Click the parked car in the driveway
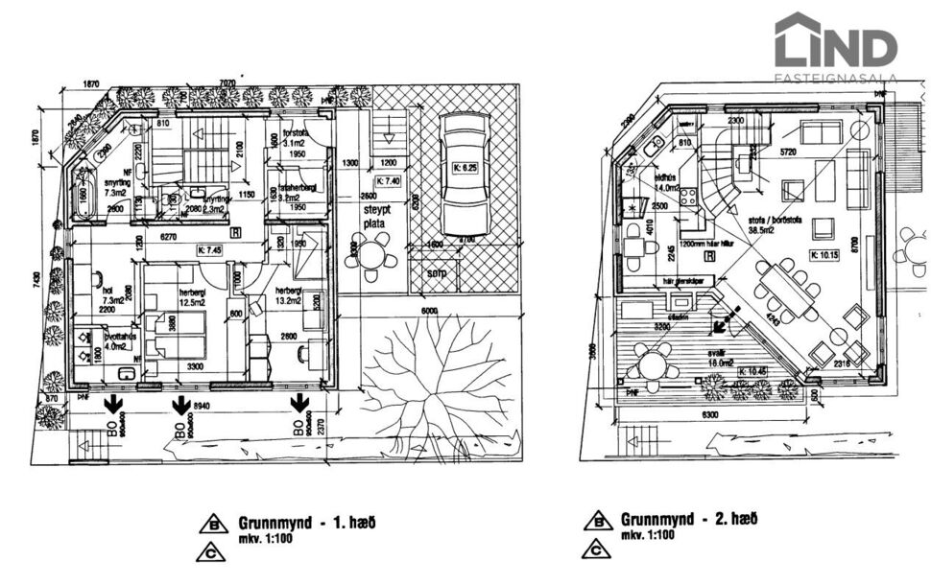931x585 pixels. pos(465,178)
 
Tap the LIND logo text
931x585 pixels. pos(835,45)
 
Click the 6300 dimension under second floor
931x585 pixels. pos(711,415)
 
